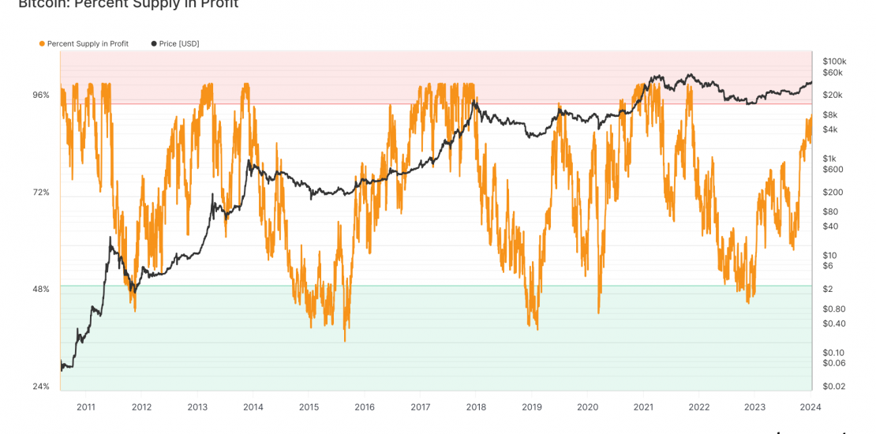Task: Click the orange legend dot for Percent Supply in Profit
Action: [42, 43]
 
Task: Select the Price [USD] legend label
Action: [179, 43]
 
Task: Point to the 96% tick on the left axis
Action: [40, 95]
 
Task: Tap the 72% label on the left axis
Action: [40, 193]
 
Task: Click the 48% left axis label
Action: [40, 289]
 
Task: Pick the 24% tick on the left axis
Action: [40, 386]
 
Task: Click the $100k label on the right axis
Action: [834, 61]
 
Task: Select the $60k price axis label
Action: [833, 73]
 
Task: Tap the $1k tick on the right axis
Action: [829, 158]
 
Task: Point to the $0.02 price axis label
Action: [833, 386]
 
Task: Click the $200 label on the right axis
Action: [832, 192]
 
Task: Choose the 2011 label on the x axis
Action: [86, 407]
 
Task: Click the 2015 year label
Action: [309, 407]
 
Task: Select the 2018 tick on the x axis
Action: [476, 407]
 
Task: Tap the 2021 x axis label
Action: [643, 407]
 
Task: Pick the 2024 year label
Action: [810, 407]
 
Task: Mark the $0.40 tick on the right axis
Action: [833, 323]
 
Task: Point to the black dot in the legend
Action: [154, 43]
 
